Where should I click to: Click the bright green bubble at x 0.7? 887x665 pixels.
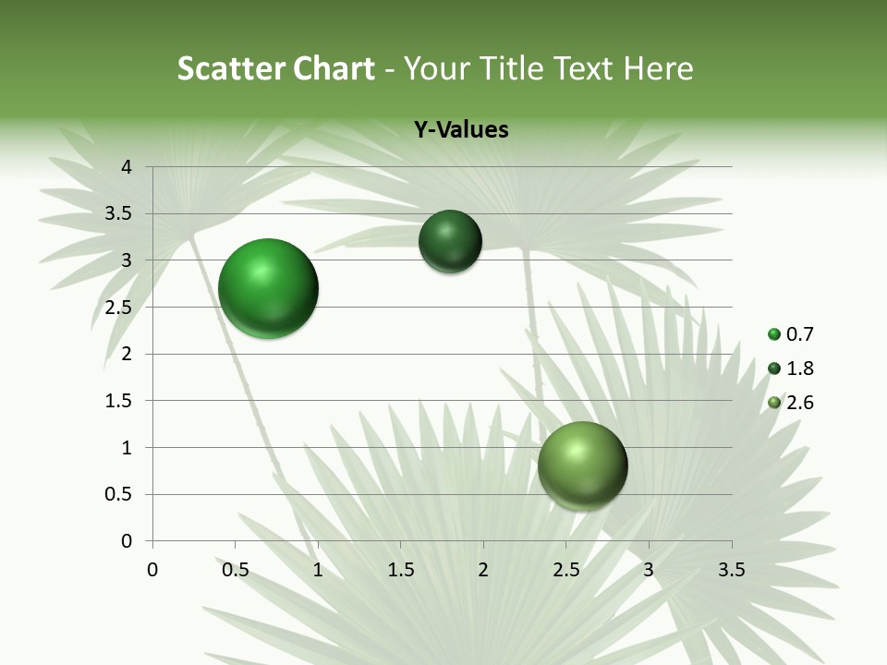click(x=269, y=288)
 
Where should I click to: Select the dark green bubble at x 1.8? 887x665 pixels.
click(x=450, y=241)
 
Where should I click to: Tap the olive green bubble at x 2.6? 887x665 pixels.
click(x=582, y=465)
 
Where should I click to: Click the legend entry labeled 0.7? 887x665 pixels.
click(x=791, y=334)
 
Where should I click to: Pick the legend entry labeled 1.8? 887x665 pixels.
click(x=791, y=369)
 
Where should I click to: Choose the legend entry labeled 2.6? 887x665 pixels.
click(x=791, y=403)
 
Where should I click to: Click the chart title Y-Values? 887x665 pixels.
click(x=461, y=129)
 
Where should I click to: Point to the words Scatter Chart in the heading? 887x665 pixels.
click(x=275, y=68)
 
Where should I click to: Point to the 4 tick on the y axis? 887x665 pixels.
click(x=128, y=167)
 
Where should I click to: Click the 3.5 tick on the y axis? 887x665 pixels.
click(x=120, y=214)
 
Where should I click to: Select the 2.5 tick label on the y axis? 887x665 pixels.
click(x=120, y=308)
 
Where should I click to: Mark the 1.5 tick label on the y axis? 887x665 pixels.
click(x=120, y=401)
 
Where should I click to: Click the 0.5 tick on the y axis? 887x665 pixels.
click(x=120, y=495)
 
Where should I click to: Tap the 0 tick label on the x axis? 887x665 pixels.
click(x=152, y=570)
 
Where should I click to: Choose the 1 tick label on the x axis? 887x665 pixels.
click(x=318, y=570)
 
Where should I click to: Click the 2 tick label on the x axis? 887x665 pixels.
click(x=483, y=570)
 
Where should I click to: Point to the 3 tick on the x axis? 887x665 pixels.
click(x=649, y=570)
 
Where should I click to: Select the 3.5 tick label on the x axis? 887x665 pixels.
click(x=731, y=570)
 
